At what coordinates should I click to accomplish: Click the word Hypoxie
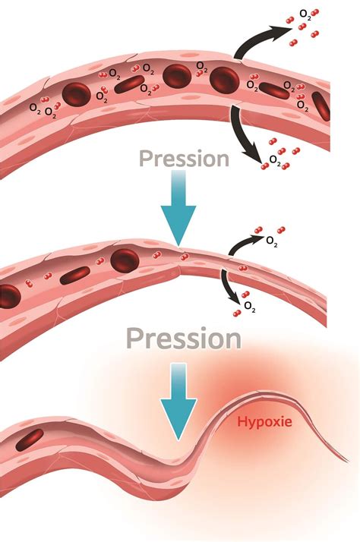coord(264,422)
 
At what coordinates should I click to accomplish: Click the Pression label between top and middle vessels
coord(184,159)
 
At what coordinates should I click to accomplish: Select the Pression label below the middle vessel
coord(184,339)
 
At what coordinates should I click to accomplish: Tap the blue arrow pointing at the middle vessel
coord(178,208)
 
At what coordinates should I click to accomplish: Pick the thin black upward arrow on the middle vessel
coord(242,242)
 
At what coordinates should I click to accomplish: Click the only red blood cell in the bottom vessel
coord(30,440)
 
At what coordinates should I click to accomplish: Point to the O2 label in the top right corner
coord(305,14)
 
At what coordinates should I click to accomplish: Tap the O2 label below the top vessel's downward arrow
coord(275,160)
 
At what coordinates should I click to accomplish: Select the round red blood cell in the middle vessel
coord(125,260)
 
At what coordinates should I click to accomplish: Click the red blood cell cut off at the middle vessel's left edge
coord(9,297)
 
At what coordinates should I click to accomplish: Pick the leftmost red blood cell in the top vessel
coord(77,94)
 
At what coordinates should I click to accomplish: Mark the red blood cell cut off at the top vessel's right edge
coord(321,106)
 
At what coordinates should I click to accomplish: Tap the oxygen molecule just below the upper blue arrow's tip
coord(185,257)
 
